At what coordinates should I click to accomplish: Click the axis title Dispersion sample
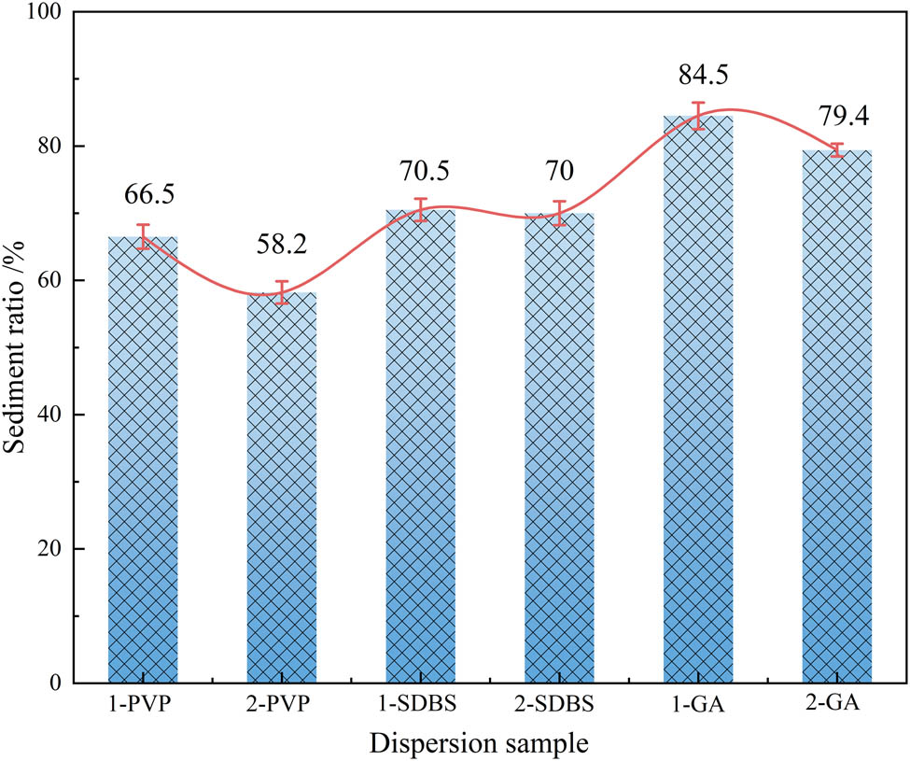480,744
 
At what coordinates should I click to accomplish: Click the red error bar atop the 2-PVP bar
282,292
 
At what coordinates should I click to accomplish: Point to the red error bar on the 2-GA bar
837,150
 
